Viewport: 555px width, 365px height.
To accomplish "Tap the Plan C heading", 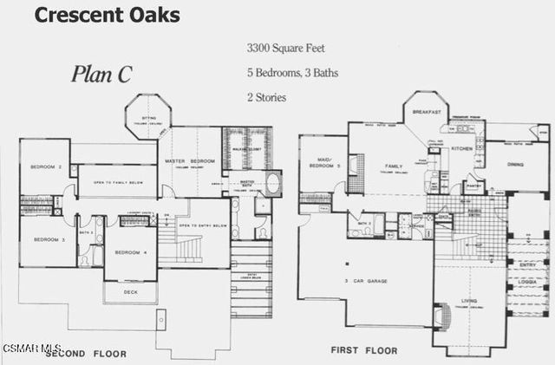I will [101, 75].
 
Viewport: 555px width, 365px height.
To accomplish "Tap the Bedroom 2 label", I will [46, 166].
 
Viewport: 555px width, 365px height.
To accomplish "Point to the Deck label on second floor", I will [130, 293].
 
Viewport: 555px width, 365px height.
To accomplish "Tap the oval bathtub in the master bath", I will [271, 183].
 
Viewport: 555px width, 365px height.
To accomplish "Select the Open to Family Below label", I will [117, 182].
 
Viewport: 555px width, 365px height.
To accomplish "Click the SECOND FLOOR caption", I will [86, 354].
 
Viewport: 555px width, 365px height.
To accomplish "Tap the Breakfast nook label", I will [428, 113].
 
